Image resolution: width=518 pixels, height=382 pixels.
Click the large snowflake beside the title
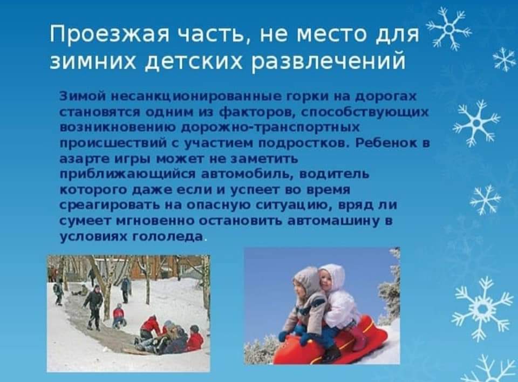448,29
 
